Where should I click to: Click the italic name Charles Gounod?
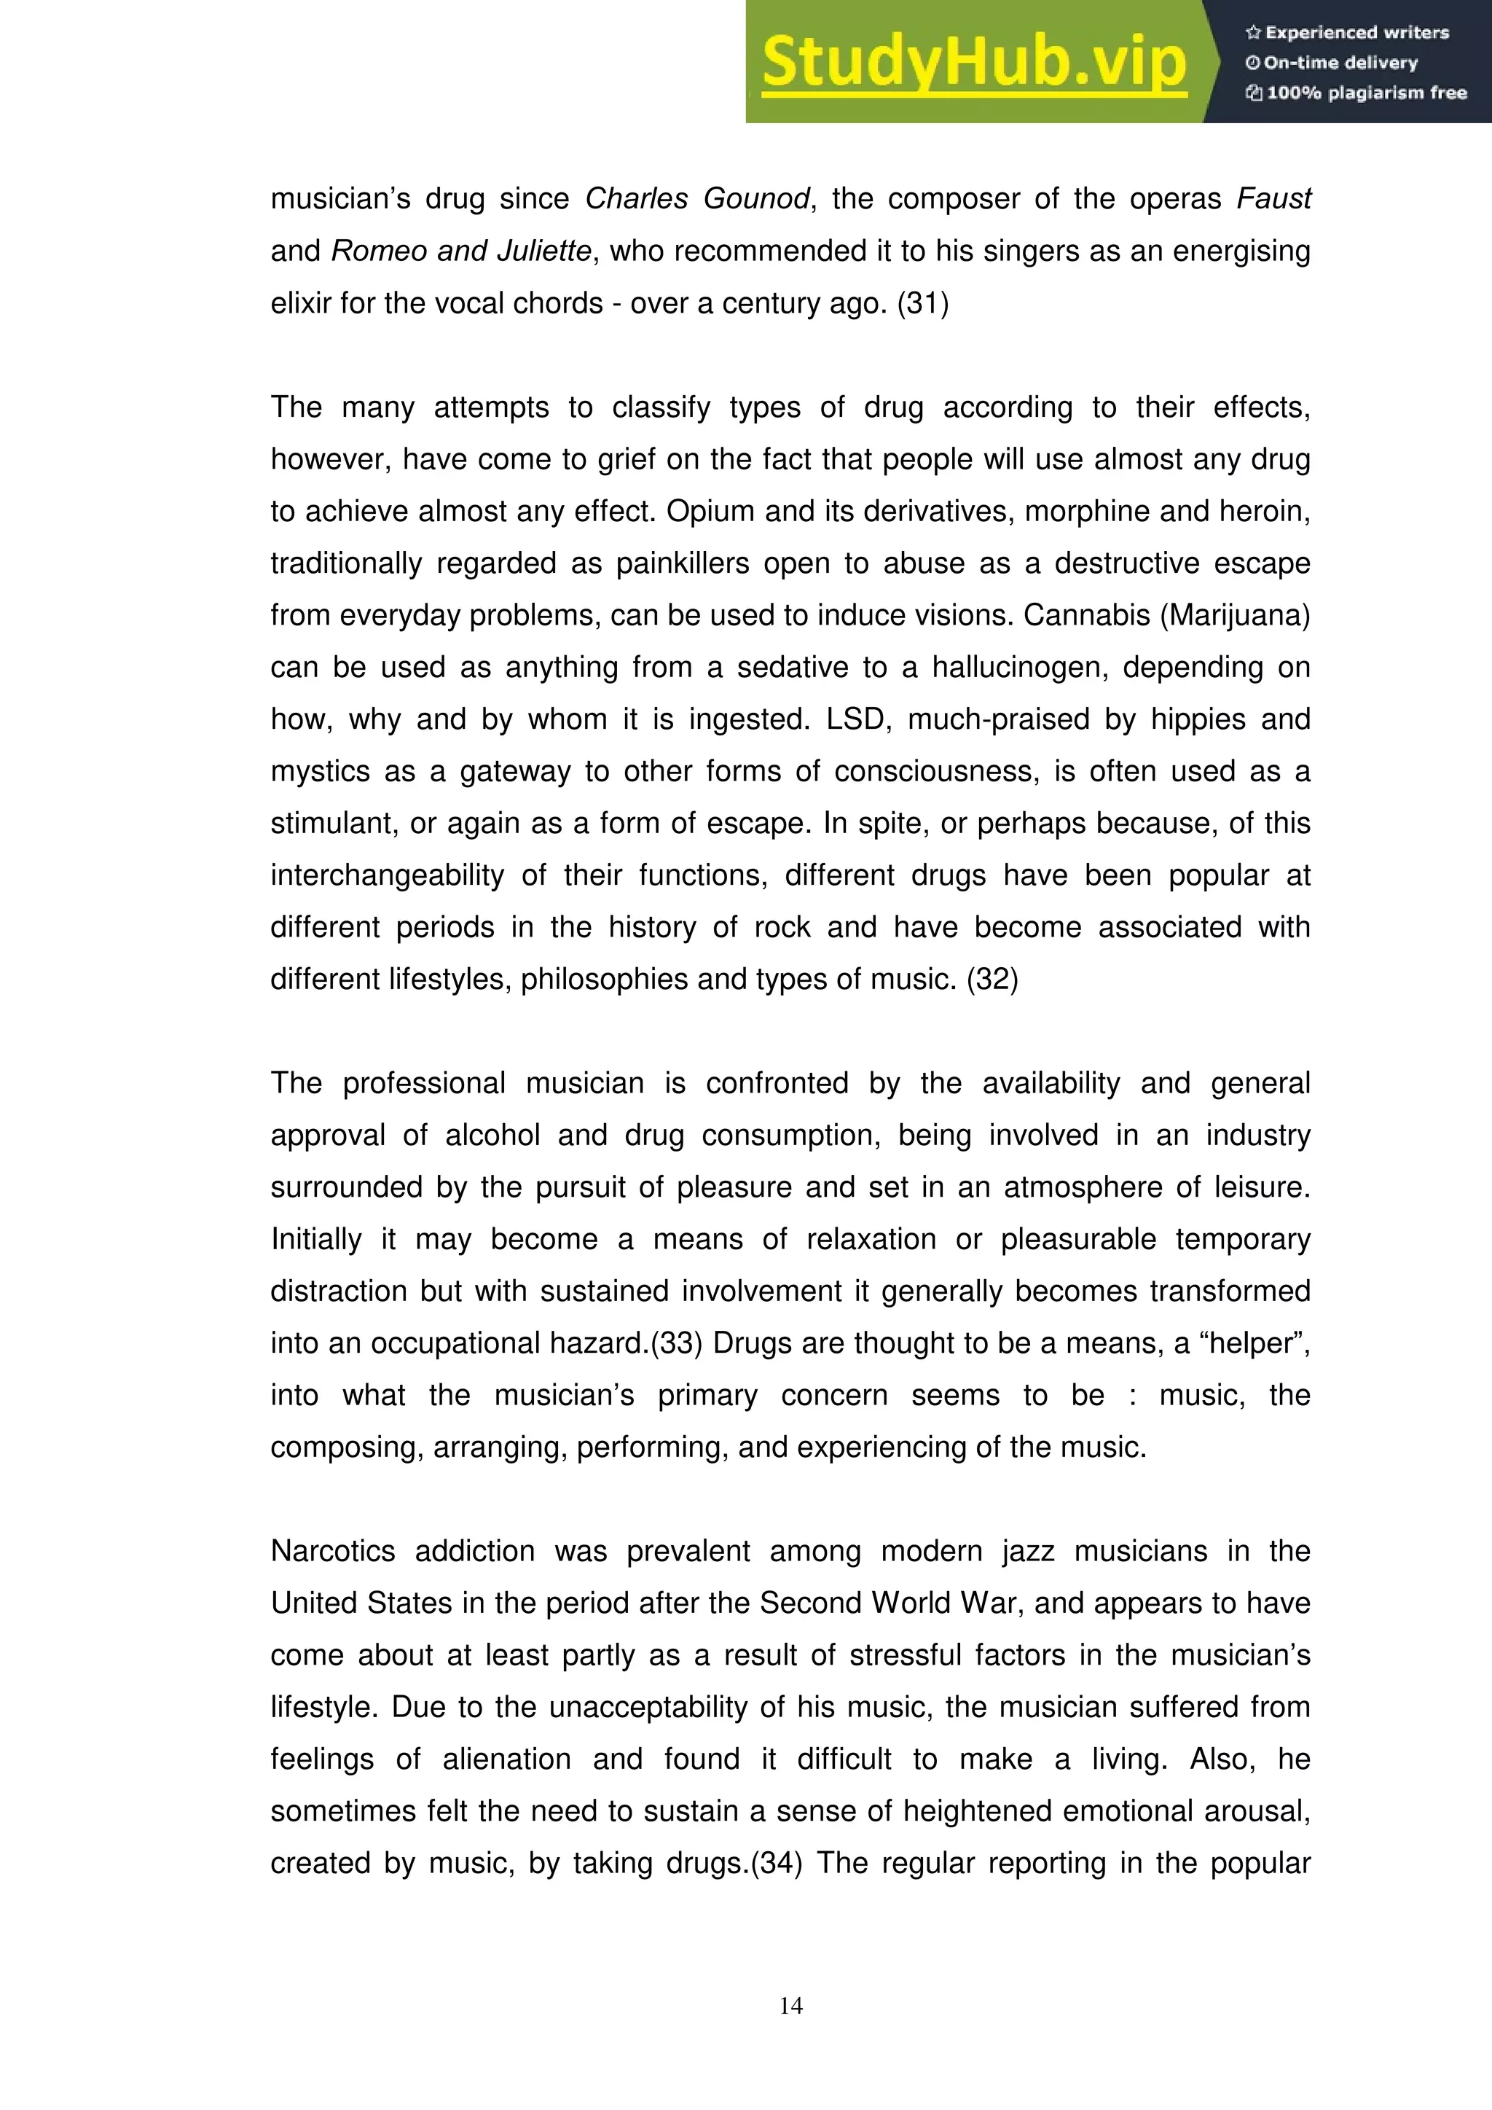[697, 198]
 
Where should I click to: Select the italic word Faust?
[1273, 198]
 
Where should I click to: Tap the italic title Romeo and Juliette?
[461, 251]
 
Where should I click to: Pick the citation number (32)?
[992, 979]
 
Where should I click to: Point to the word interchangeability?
[387, 875]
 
